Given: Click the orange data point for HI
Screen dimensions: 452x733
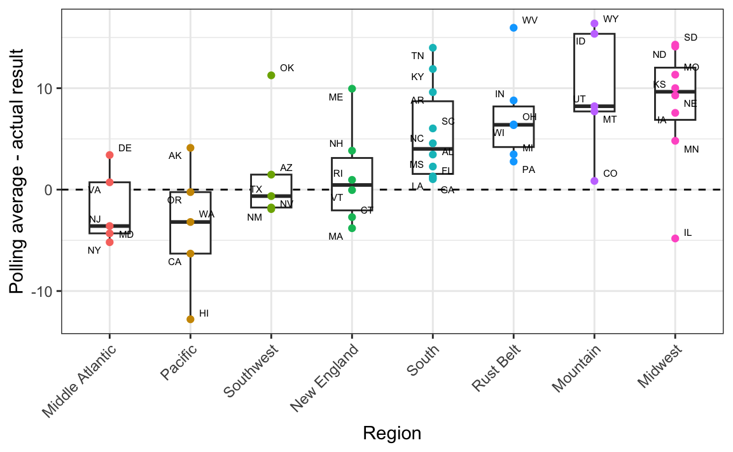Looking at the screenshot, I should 190,319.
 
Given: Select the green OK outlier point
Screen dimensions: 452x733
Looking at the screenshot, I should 271,75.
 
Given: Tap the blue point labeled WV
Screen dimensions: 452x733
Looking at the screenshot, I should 513,28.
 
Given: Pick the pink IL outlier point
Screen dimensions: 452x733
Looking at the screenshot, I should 675,238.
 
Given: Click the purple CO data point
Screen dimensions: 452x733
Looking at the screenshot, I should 594,181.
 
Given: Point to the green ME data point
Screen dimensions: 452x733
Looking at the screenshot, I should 352,89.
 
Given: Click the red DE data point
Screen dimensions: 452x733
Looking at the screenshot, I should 109,154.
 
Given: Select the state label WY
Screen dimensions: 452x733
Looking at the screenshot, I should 610,19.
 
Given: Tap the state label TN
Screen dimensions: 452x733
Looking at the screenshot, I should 417,56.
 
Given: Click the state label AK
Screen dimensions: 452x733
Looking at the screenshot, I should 175,156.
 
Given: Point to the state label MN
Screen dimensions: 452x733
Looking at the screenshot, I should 692,149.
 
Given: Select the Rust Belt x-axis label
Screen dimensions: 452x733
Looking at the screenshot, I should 497,368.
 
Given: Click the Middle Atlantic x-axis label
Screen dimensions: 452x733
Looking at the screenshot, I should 80,381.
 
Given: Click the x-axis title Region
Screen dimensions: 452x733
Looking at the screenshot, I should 392,434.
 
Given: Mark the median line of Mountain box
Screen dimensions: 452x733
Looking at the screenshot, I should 594,106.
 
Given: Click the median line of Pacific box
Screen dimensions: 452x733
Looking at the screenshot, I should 190,222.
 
